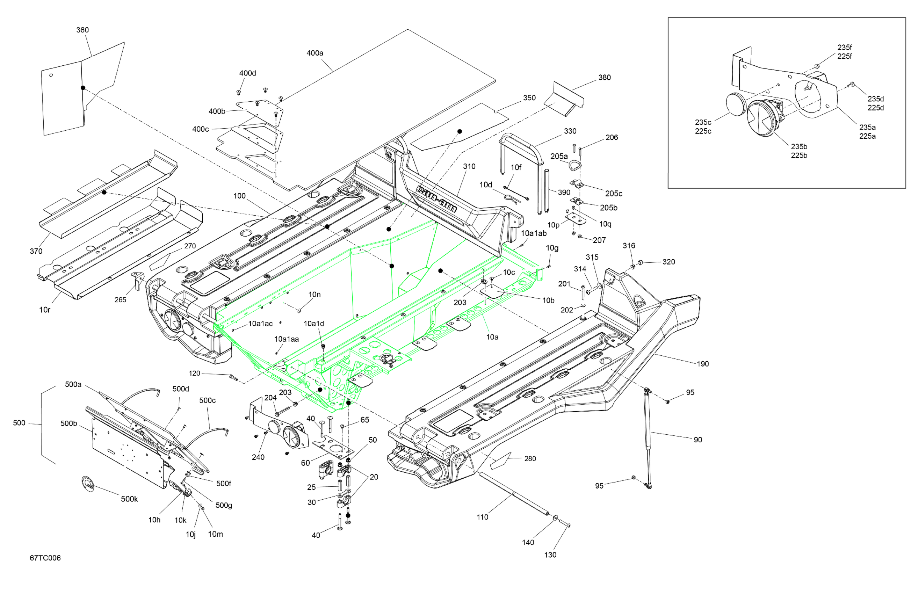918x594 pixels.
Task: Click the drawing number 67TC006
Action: click(45, 558)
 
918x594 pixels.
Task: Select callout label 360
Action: click(82, 30)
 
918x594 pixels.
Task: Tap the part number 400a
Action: click(315, 53)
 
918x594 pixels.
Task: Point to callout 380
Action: click(605, 78)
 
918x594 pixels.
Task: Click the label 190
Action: click(702, 364)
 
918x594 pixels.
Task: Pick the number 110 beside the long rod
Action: click(482, 517)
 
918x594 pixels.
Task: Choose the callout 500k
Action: click(129, 499)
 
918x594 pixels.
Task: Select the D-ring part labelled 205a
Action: click(575, 165)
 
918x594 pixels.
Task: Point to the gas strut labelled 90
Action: click(648, 438)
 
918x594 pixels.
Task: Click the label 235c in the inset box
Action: click(703, 122)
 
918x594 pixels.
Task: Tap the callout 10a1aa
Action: click(286, 339)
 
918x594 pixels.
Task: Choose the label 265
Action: click(120, 300)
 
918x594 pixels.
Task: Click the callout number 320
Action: click(668, 262)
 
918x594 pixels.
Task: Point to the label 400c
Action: click(201, 129)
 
